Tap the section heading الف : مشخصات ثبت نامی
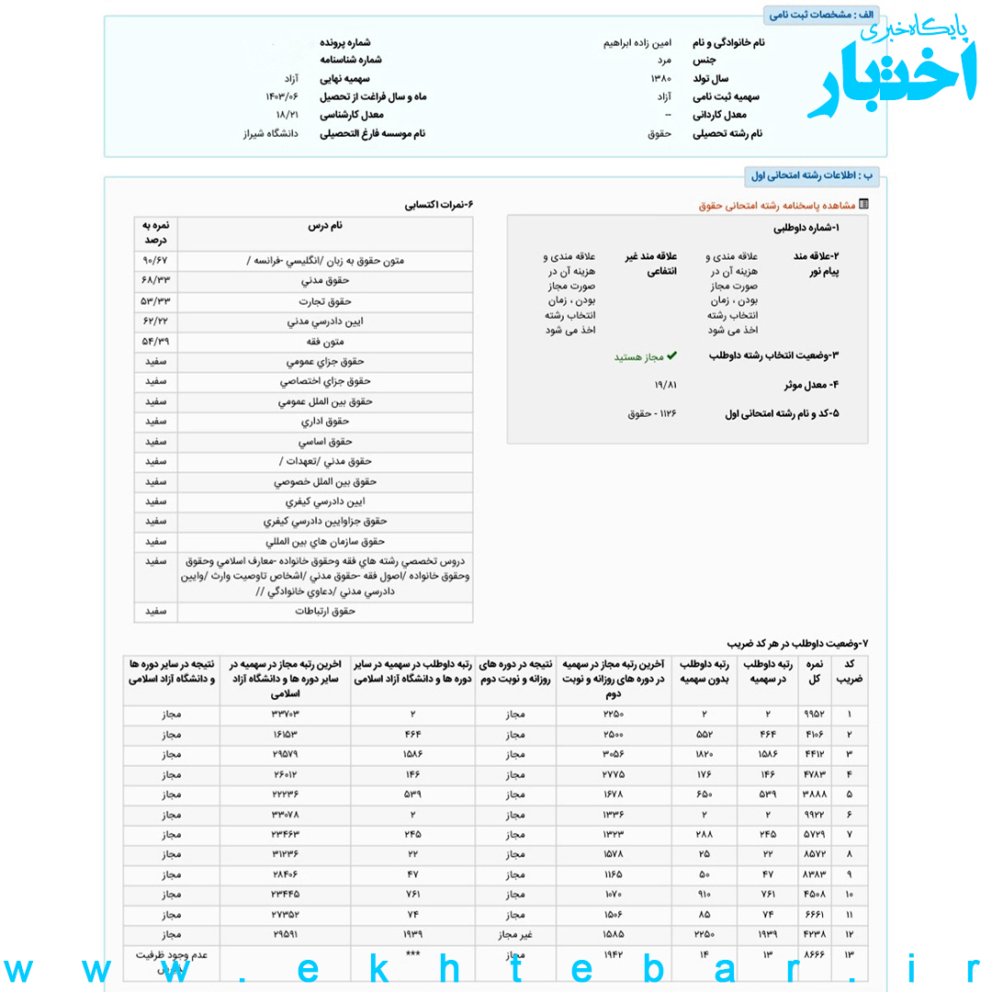[821, 15]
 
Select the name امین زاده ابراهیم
[637, 43]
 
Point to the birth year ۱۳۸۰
[660, 79]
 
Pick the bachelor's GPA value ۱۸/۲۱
[287, 115]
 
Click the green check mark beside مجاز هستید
[671, 355]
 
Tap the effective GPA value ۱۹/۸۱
[665, 385]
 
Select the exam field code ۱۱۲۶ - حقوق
[652, 414]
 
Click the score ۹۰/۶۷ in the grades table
[156, 261]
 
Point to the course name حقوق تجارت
[325, 301]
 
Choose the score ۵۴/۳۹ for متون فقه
[156, 341]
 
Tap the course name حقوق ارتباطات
[325, 611]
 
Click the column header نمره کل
[815, 671]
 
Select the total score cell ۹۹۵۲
[815, 715]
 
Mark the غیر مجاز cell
[515, 934]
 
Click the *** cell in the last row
[413, 954]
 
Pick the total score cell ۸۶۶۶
[815, 954]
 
